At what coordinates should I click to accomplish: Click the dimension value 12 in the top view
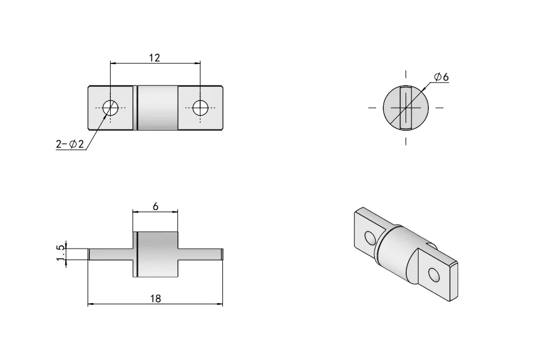click(x=155, y=58)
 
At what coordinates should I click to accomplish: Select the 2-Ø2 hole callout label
click(x=69, y=144)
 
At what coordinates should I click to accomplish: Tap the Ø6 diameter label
click(x=442, y=77)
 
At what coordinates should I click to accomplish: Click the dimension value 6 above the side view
click(x=156, y=206)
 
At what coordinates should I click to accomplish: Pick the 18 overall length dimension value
click(x=155, y=298)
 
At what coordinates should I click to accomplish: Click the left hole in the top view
click(x=110, y=108)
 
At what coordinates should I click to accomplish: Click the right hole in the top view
click(x=200, y=108)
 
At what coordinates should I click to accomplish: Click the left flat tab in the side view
click(x=111, y=254)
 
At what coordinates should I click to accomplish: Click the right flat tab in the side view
click(x=201, y=254)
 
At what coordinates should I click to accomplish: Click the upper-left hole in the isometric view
click(x=371, y=238)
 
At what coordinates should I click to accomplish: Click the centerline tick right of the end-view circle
click(x=440, y=108)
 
